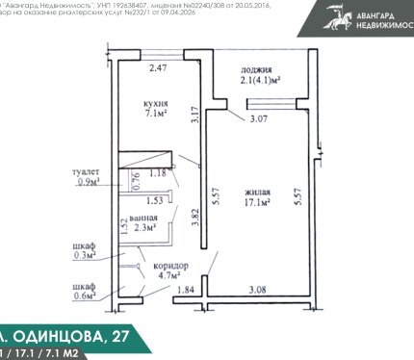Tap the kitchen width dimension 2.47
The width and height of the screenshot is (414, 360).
coord(158,67)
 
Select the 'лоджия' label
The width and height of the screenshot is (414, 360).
coord(255,71)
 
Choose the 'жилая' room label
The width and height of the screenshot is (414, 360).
coord(256,191)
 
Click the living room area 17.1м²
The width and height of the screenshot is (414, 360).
coord(256,202)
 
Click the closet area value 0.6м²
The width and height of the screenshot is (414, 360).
coord(85,296)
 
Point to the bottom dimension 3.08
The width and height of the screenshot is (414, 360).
coord(257,290)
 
